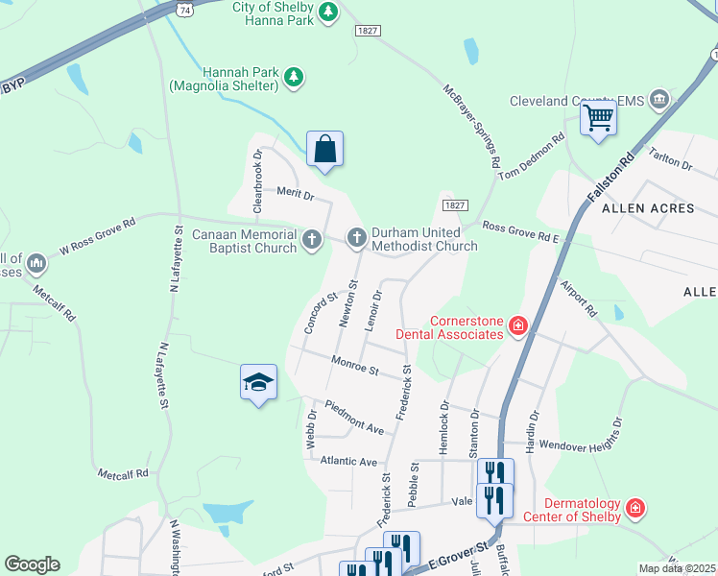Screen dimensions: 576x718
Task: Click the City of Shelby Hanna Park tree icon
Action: (x=329, y=12)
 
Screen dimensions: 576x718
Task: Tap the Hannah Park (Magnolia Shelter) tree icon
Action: (x=295, y=77)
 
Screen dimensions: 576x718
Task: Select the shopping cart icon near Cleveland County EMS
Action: (x=598, y=118)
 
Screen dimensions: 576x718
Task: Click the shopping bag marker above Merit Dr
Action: (x=324, y=149)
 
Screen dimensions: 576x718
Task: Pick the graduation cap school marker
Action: (x=258, y=383)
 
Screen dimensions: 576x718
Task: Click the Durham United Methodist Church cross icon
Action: (x=356, y=235)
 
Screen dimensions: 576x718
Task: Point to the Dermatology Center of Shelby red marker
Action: (x=634, y=508)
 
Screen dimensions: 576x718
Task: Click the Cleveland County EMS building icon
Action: (x=659, y=98)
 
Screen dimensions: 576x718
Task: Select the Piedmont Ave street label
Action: (x=354, y=416)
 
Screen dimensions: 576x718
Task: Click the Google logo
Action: (x=32, y=564)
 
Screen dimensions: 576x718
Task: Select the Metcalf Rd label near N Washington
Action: (x=122, y=473)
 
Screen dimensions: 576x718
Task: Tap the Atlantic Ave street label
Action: (x=348, y=461)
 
